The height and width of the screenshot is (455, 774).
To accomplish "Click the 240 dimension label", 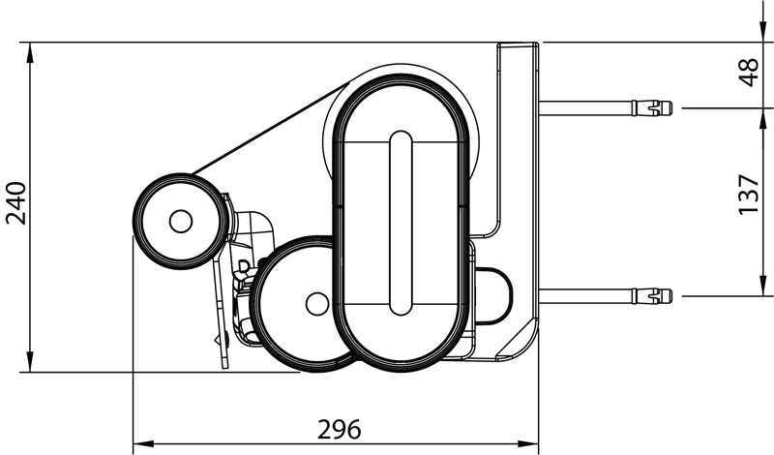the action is point(15,203).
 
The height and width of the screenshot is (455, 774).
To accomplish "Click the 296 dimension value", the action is point(340,429).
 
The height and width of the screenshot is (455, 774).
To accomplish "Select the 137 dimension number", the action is point(749,195).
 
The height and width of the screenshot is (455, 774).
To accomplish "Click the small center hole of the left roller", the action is point(181,222).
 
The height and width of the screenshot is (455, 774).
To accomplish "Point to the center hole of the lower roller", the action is point(317,304).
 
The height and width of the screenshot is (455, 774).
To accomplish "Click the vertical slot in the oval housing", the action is point(401,224).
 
